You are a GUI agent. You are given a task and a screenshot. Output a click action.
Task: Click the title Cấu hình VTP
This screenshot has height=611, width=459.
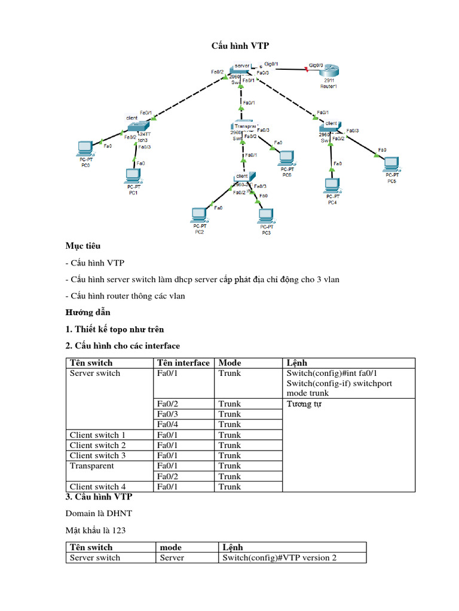(x=229, y=46)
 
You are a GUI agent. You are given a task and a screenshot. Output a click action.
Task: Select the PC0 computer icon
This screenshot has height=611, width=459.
(x=85, y=147)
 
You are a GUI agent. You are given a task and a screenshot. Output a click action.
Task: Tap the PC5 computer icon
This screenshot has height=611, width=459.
(x=391, y=163)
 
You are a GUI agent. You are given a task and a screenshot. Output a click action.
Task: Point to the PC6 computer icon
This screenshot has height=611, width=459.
(x=286, y=158)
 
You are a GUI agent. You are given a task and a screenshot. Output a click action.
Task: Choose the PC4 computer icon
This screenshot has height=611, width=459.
(x=332, y=186)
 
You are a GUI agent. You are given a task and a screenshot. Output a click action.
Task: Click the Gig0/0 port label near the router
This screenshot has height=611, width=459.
(x=316, y=64)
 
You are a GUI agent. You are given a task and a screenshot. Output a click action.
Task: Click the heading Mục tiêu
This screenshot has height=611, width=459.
(x=83, y=246)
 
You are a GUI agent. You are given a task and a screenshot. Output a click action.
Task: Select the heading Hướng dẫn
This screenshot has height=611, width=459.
(x=88, y=312)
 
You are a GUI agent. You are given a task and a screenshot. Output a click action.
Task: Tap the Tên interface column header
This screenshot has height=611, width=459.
(x=183, y=363)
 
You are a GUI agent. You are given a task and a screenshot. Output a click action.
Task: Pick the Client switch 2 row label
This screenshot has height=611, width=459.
(x=98, y=445)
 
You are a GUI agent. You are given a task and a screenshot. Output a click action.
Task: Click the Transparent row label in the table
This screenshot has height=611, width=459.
(x=92, y=465)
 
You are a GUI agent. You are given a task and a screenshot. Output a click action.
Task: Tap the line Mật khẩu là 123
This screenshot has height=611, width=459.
(x=96, y=530)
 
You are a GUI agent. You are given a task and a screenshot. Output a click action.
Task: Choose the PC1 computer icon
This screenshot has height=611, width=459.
(x=133, y=176)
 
